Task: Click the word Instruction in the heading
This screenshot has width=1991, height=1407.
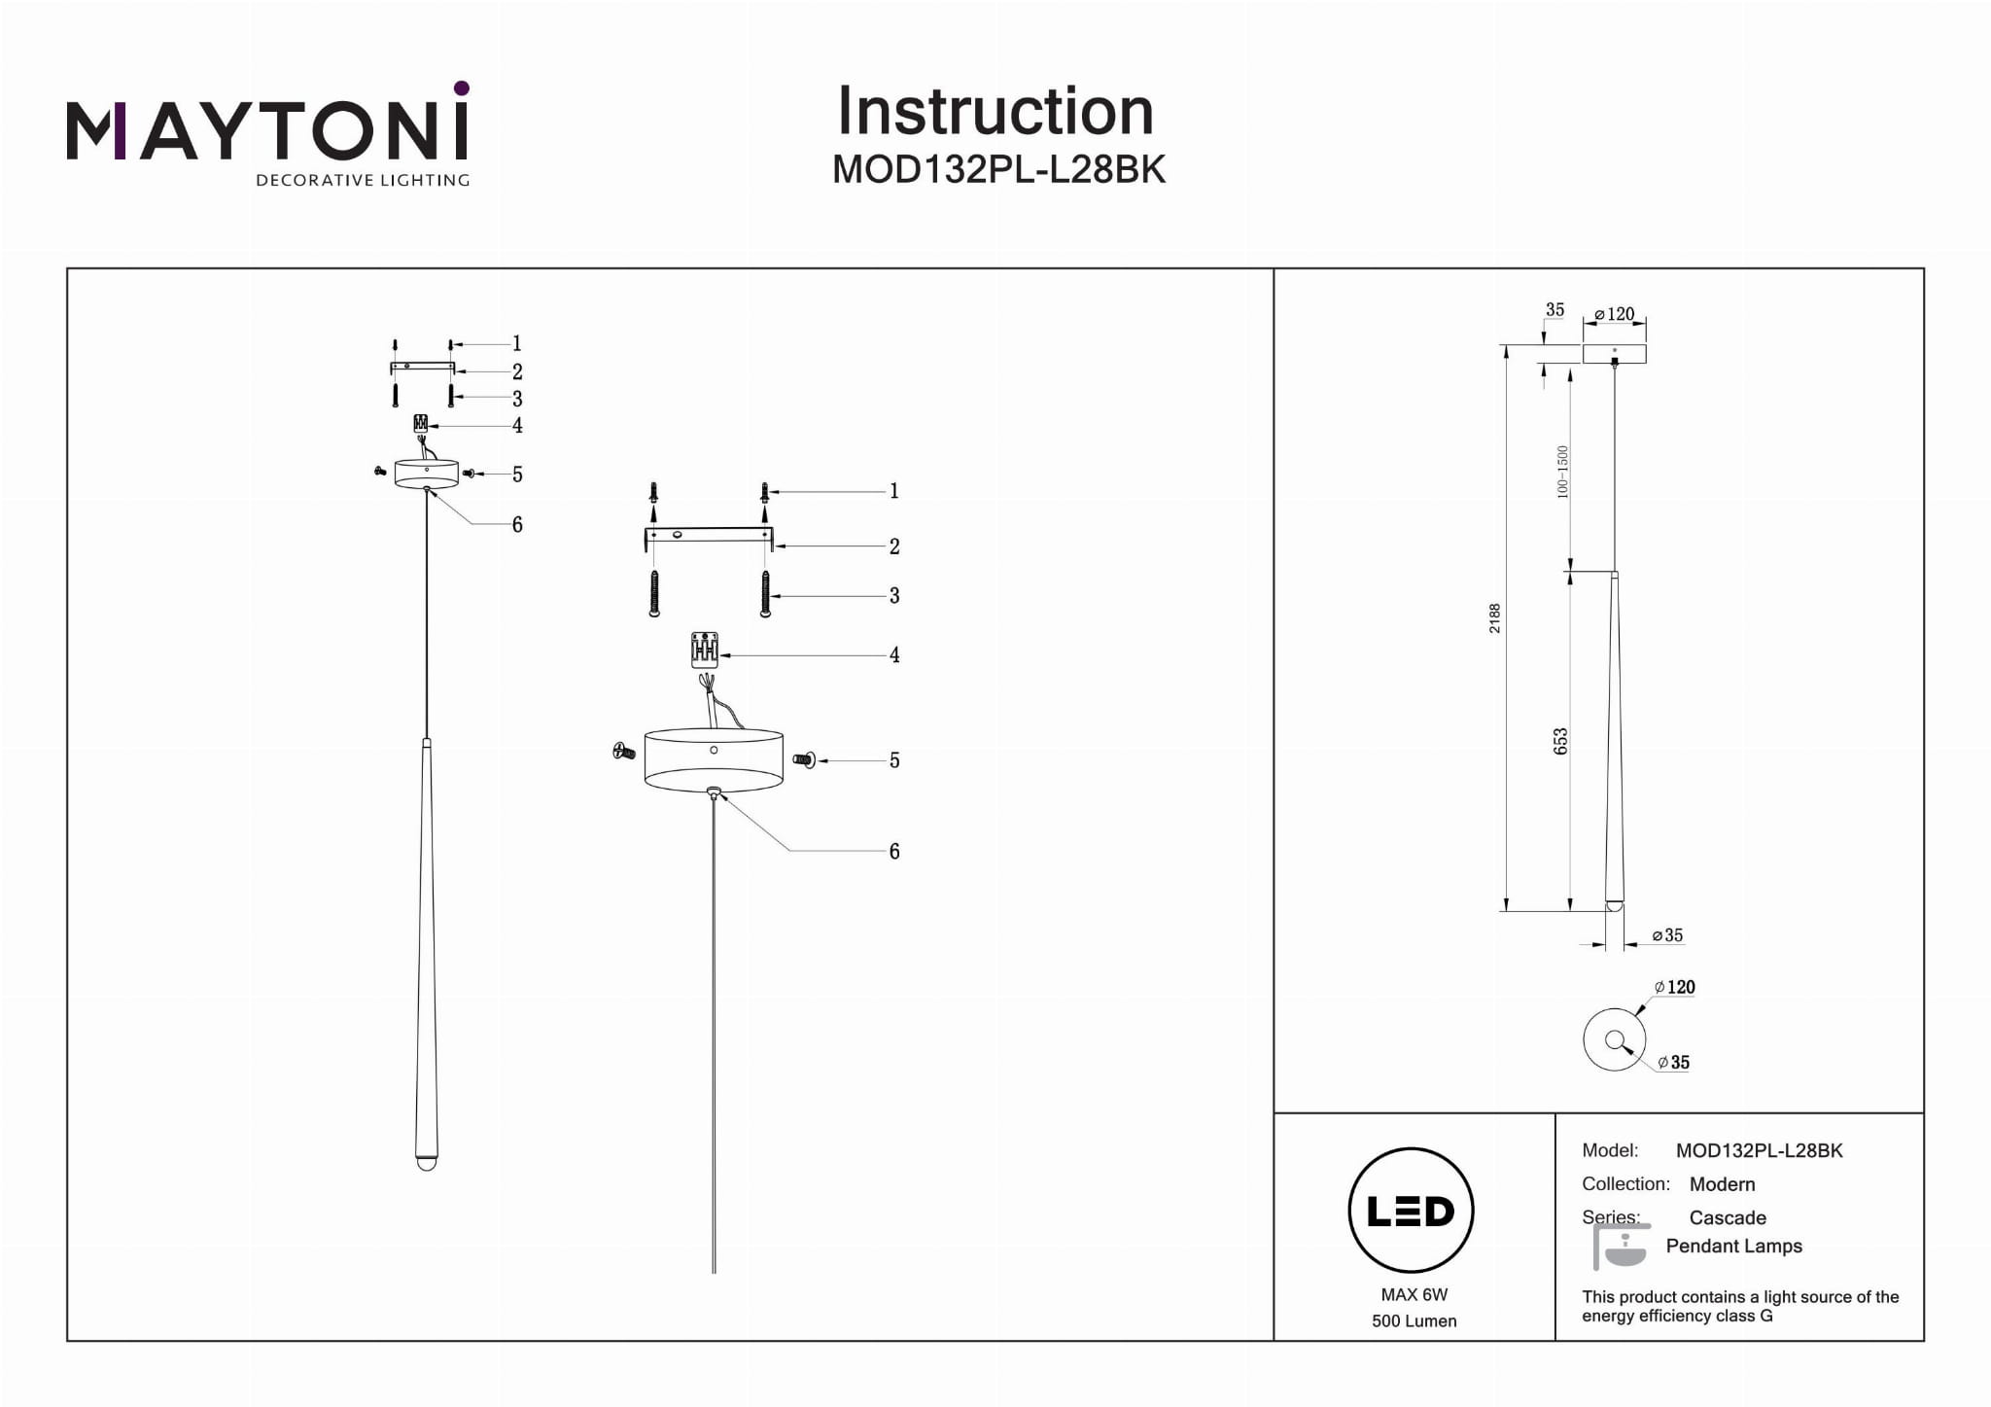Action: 995,111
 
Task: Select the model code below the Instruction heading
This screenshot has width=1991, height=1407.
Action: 998,169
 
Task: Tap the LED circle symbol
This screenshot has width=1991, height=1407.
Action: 1411,1210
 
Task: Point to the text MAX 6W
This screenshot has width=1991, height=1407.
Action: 1414,1294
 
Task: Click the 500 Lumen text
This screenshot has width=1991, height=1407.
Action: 1414,1320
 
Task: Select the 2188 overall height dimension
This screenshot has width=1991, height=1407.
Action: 1495,618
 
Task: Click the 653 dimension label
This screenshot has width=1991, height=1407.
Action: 1560,741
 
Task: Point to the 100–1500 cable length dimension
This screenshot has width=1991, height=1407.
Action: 1562,472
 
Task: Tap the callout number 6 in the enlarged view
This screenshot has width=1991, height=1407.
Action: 894,852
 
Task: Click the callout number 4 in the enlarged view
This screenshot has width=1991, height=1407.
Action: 894,655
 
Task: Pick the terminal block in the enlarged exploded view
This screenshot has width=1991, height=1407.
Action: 705,650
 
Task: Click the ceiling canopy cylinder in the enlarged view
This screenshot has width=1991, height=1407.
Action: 714,758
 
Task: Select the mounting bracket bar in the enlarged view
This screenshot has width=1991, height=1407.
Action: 709,535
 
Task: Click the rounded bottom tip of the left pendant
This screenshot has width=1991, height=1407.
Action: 426,1162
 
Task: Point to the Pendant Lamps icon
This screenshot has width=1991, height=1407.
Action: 1621,1247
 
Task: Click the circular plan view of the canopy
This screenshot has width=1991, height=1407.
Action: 1614,1039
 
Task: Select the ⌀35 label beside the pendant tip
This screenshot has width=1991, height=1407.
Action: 1667,935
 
